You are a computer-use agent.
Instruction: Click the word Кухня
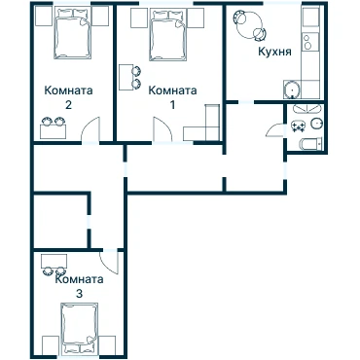click(274, 52)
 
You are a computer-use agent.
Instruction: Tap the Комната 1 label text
click(172, 96)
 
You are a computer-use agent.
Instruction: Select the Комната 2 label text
click(68, 96)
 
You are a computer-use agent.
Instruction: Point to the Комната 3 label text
click(79, 286)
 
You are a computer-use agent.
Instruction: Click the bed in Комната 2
click(72, 34)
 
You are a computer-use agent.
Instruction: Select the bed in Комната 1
click(168, 35)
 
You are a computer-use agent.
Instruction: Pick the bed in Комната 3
click(80, 328)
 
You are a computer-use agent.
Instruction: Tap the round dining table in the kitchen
click(249, 25)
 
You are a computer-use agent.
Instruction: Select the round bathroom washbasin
click(316, 124)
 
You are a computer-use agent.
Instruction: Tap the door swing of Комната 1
click(162, 129)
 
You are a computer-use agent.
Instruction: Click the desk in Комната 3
click(54, 261)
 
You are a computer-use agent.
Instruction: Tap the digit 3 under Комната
click(79, 294)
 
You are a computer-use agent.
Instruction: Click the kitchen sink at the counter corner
click(292, 90)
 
